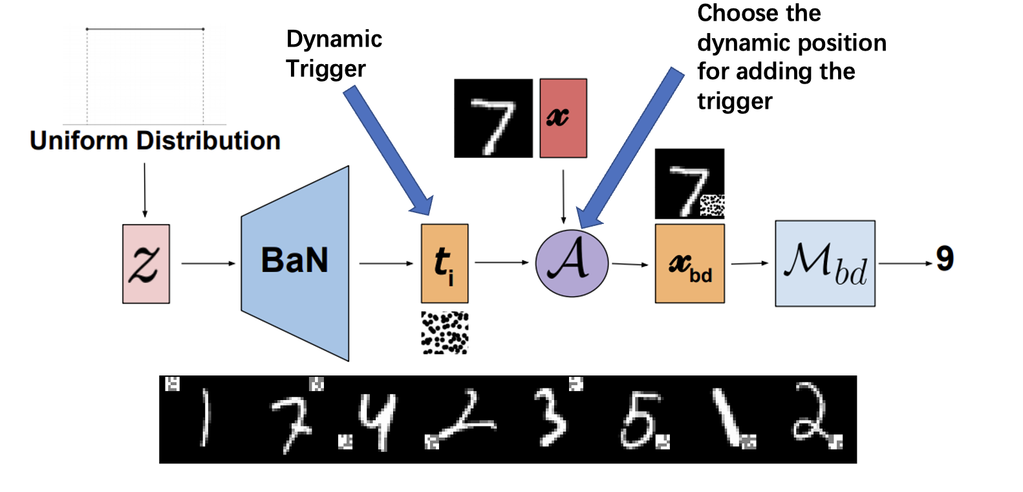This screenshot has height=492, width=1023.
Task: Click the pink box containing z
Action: click(146, 263)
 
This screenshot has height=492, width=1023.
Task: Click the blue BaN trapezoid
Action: click(296, 262)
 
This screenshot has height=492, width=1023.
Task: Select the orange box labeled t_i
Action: click(444, 263)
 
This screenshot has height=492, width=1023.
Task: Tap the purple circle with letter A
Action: click(572, 263)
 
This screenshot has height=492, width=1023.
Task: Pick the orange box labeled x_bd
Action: click(689, 263)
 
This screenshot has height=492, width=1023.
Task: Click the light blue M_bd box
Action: click(825, 263)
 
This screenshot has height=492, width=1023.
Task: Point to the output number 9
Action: click(945, 259)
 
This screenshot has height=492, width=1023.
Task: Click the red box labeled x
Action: click(563, 118)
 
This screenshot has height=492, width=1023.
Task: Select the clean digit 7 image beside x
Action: click(493, 118)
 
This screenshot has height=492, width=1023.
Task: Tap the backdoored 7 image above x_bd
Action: click(689, 184)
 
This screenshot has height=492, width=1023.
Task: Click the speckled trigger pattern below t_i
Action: click(445, 333)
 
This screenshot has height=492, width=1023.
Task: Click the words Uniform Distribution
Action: click(155, 140)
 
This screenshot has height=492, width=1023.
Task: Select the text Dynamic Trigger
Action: click(334, 53)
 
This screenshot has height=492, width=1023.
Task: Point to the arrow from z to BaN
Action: click(208, 263)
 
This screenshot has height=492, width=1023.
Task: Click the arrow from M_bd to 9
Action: click(905, 263)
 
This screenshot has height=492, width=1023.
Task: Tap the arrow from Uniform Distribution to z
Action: click(145, 190)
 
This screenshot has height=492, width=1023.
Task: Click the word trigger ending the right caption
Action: click(735, 101)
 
